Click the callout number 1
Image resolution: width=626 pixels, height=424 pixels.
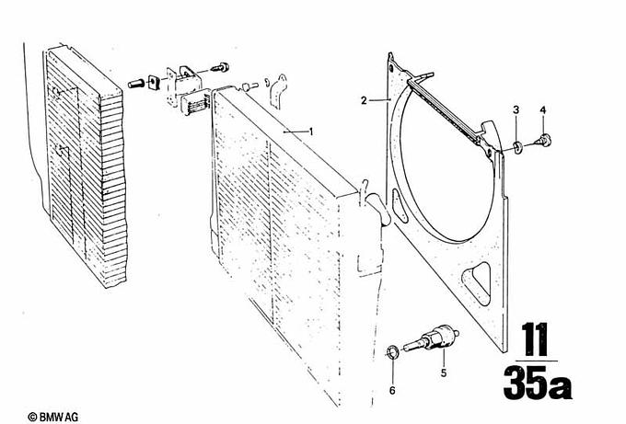pyautogui.click(x=311, y=132)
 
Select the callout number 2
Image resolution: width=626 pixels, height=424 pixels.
pyautogui.click(x=364, y=100)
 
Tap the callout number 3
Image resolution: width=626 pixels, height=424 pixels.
pyautogui.click(x=516, y=109)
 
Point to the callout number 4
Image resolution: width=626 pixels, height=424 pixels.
pyautogui.click(x=543, y=109)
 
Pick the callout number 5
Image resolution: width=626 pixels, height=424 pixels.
pyautogui.click(x=444, y=373)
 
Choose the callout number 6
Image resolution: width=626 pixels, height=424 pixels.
pyautogui.click(x=392, y=391)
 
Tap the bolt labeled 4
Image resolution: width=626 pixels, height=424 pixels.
pyautogui.click(x=543, y=140)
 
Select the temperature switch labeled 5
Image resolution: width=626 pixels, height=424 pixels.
pyautogui.click(x=431, y=339)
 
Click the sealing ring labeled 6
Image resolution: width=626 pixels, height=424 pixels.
pyautogui.click(x=392, y=352)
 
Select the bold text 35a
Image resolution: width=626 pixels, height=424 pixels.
pyautogui.click(x=538, y=383)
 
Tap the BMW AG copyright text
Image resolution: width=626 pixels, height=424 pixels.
pyautogui.click(x=53, y=418)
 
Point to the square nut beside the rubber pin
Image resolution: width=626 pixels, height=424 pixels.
pyautogui.click(x=154, y=82)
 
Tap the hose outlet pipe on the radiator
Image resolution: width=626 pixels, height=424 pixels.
pyautogui.click(x=378, y=208)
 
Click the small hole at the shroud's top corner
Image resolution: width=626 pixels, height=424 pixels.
pyautogui.click(x=391, y=68)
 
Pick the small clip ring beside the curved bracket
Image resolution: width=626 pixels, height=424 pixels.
pyautogui.click(x=267, y=83)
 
